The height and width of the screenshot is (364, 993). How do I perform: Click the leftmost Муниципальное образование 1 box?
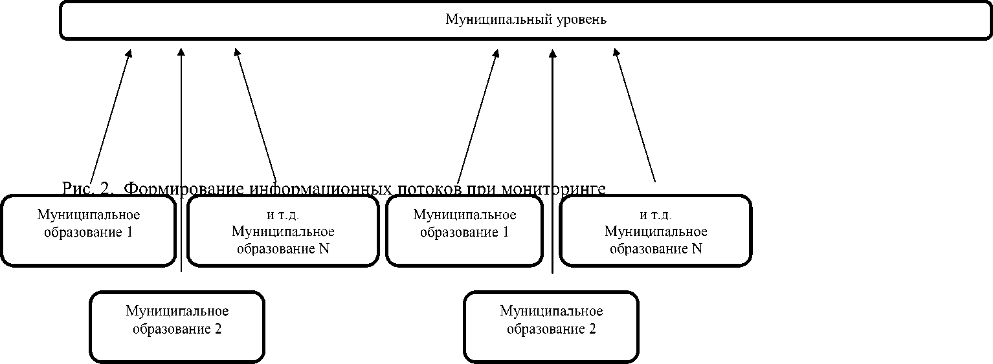click(88, 230)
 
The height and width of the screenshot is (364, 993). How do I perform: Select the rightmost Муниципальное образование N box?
click(655, 230)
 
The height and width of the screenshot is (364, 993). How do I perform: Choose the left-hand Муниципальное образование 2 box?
click(177, 326)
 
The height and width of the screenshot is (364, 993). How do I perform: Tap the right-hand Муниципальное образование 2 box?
click(551, 326)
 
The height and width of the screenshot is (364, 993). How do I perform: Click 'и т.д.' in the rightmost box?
click(655, 215)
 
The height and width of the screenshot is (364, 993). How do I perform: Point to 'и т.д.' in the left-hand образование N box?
click(282, 215)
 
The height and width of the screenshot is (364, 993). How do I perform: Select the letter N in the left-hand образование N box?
click(324, 248)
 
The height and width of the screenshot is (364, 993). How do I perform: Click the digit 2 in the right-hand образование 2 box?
click(592, 328)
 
